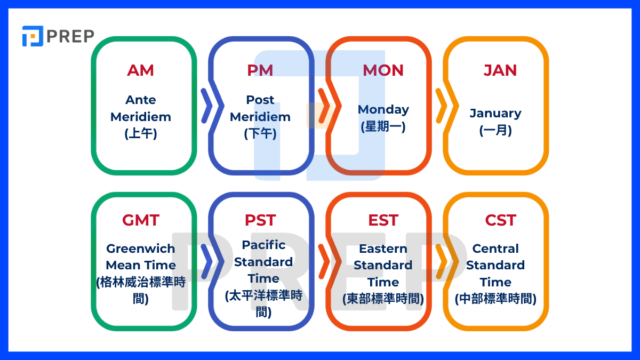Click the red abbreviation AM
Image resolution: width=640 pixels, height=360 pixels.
pyautogui.click(x=141, y=70)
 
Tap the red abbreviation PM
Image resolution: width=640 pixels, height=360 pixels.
pyautogui.click(x=260, y=70)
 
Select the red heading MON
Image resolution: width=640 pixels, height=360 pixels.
pyautogui.click(x=383, y=70)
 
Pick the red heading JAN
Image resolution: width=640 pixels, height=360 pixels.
pyautogui.click(x=500, y=70)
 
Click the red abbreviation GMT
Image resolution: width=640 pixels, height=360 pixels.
pyautogui.click(x=141, y=220)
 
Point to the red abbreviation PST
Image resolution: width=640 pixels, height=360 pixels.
pyautogui.click(x=260, y=220)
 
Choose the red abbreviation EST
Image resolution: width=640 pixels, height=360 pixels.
pyautogui.click(x=383, y=220)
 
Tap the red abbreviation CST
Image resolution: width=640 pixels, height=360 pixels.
pyautogui.click(x=501, y=220)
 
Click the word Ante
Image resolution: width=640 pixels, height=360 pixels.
pyautogui.click(x=141, y=100)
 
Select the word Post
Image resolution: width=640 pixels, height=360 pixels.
pyautogui.click(x=260, y=100)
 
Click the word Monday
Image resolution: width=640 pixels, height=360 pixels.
pyautogui.click(x=383, y=110)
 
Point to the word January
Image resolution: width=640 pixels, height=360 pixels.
pyautogui.click(x=495, y=114)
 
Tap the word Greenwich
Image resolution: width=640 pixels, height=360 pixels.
pyautogui.click(x=141, y=249)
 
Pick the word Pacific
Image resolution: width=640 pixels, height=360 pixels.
pyautogui.click(x=263, y=245)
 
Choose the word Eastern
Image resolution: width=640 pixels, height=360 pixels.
pyautogui.click(x=383, y=249)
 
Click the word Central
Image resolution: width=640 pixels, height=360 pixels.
pyautogui.click(x=495, y=249)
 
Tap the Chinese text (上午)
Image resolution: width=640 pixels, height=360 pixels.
pyautogui.click(x=141, y=133)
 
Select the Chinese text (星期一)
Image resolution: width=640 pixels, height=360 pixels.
pyautogui.click(x=383, y=126)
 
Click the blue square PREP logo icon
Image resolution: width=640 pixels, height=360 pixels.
pyautogui.click(x=33, y=36)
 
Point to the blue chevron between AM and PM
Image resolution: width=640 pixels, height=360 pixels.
pyautogui.click(x=206, y=106)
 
